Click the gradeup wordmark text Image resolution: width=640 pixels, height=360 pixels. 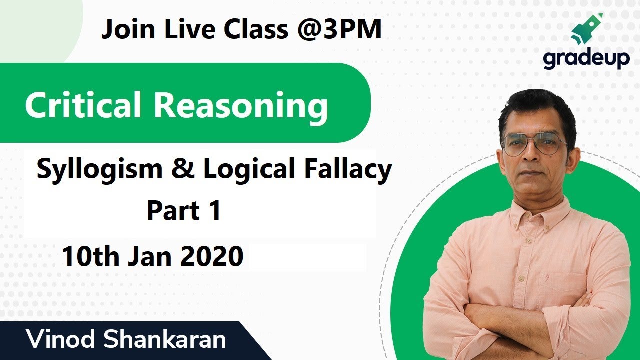click(586, 59)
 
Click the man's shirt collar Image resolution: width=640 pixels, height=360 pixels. click(535, 210)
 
